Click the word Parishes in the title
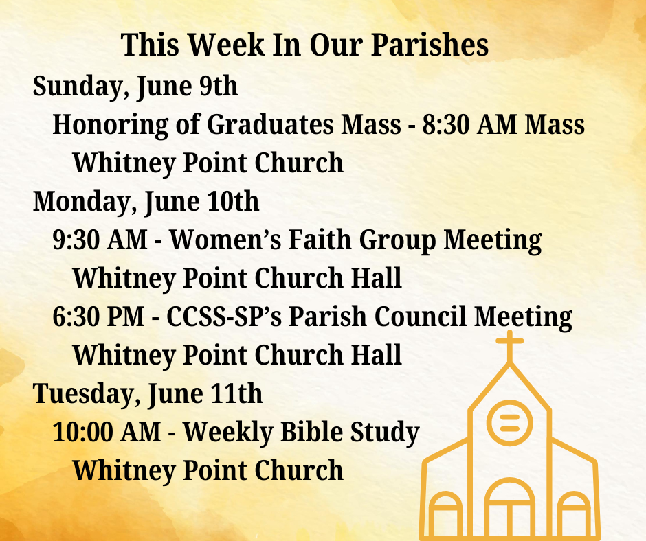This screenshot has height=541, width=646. [x=430, y=45]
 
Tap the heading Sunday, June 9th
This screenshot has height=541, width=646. [x=135, y=87]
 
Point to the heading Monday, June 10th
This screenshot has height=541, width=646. [x=146, y=202]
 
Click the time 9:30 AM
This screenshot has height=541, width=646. [x=100, y=240]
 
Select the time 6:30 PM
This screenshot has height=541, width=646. [x=98, y=316]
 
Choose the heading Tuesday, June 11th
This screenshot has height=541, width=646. [x=148, y=394]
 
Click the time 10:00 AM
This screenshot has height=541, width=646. [x=107, y=433]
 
